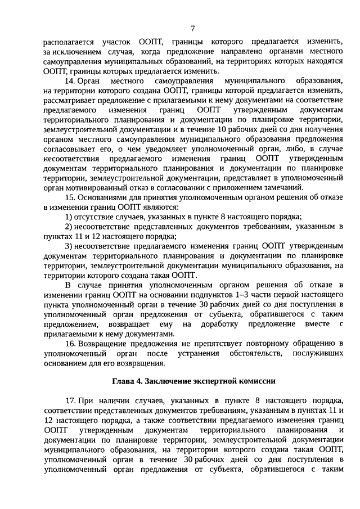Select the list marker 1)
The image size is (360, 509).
pos(68,217)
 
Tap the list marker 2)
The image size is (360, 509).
pos(68,227)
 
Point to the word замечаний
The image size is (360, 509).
pos(283,187)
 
